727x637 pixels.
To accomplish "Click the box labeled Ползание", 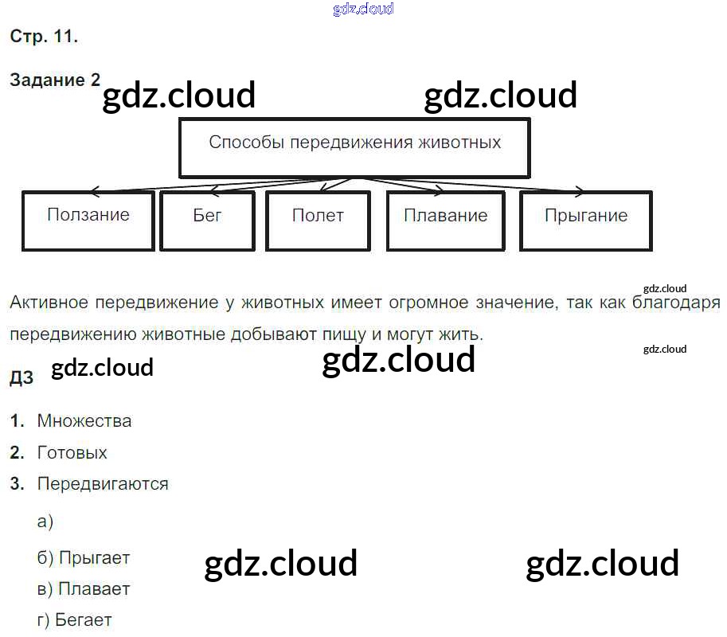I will pos(88,220).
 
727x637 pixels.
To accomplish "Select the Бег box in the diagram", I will pos(207,220).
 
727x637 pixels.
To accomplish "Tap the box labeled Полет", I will pos(318,220).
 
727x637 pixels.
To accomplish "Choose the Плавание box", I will pos(445,220).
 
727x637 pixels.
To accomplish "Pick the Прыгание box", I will pos(585,220).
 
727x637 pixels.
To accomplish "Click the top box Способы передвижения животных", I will pos(354,147).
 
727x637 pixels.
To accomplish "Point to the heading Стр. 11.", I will pos(44,37).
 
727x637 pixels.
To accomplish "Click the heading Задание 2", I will pos(55,80).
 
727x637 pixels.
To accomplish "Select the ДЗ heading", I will pos(21,378).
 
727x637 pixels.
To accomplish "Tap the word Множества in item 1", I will pos(84,421).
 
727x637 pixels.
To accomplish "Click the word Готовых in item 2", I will pos(72,453).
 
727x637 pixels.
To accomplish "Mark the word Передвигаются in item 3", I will pos(103,483).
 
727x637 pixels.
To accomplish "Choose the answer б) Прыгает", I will pos(83,558).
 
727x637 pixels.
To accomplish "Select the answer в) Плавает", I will pos(83,589).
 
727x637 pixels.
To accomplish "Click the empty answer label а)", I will pos(45,522).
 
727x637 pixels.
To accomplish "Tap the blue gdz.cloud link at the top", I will pos(362,10).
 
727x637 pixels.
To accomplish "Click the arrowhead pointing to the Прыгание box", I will pos(580,191).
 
